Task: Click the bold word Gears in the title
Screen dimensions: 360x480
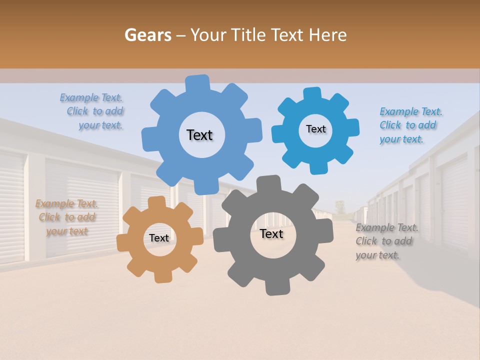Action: coord(146,35)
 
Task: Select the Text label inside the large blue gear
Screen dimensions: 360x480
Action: coord(199,135)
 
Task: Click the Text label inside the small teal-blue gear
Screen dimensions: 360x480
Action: coord(315,129)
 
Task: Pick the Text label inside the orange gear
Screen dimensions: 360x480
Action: coord(159,238)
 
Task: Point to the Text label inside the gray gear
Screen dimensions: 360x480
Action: coord(271,233)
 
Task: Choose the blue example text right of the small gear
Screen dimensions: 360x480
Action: coord(410,125)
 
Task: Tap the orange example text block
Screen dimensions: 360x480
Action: coord(66,217)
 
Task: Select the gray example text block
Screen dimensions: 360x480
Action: coord(386,241)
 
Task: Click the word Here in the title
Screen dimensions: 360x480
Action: coord(327,35)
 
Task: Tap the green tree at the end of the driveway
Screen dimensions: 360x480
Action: coord(340,206)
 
